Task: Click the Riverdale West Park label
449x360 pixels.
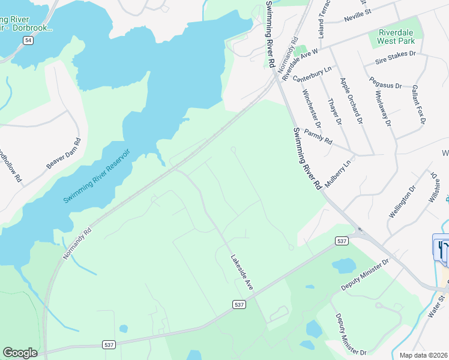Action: pyautogui.click(x=396, y=37)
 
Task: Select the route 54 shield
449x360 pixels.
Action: pyautogui.click(x=28, y=40)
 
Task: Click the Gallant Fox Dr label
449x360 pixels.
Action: pyautogui.click(x=418, y=104)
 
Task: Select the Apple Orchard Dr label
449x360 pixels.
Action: pyautogui.click(x=352, y=100)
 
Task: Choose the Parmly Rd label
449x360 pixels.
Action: pyautogui.click(x=318, y=137)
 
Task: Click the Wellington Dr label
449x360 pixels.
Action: pyautogui.click(x=402, y=202)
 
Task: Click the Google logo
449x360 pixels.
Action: pyautogui.click(x=20, y=353)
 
